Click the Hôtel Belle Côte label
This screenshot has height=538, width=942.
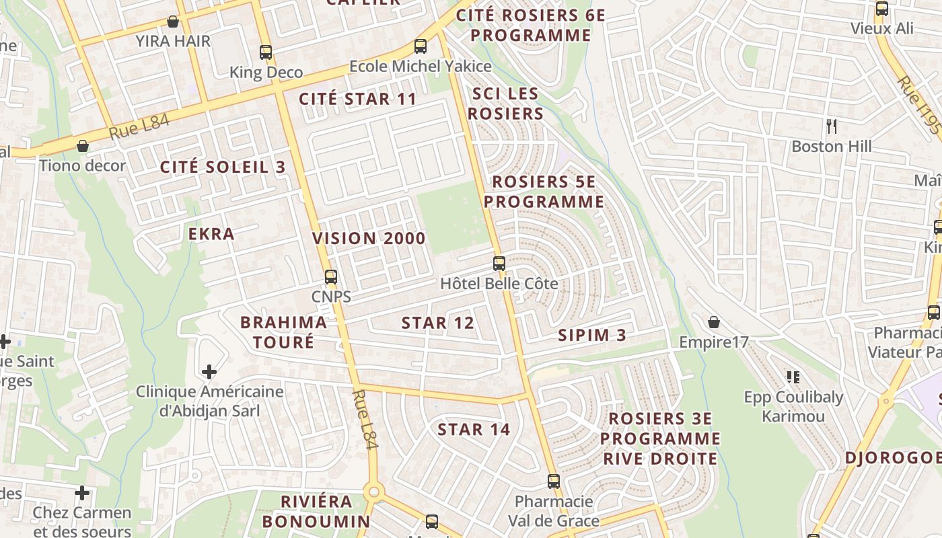[499, 284]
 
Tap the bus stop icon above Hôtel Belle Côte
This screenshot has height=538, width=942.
[499, 263]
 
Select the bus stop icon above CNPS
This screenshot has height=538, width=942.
[330, 276]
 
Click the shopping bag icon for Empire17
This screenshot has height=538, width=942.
[713, 323]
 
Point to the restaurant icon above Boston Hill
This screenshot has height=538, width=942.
[832, 126]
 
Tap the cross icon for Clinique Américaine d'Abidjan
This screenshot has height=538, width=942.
[209, 371]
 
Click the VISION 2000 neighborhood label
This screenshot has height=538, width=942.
[369, 238]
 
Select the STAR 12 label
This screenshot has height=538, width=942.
[438, 323]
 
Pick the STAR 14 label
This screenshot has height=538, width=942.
[474, 429]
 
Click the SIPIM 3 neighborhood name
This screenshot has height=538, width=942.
[592, 335]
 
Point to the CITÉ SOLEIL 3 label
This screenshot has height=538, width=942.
[223, 167]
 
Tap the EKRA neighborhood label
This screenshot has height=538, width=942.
[211, 234]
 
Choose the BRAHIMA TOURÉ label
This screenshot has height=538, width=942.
[283, 332]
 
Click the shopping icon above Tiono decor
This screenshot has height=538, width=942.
[83, 146]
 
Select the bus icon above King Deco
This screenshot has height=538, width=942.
[266, 52]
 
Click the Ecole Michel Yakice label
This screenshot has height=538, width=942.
[420, 67]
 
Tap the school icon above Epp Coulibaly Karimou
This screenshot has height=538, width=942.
[793, 377]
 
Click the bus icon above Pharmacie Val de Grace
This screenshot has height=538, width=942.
[553, 482]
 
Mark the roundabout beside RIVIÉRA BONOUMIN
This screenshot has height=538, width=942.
[373, 492]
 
